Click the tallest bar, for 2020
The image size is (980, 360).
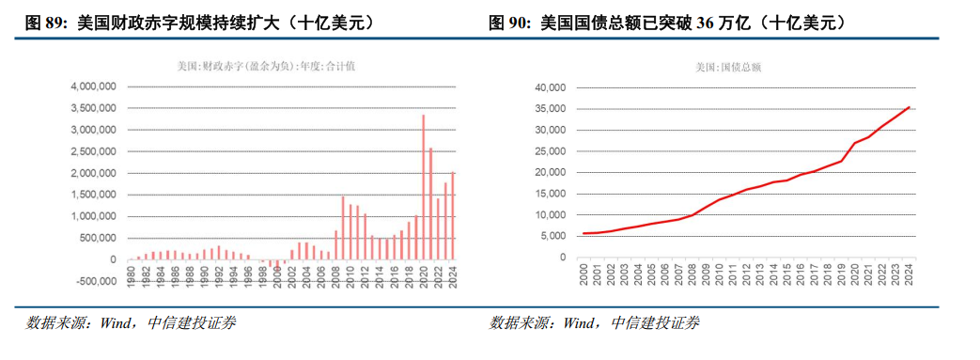coord(423,187)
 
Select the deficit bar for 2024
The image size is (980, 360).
coord(453,215)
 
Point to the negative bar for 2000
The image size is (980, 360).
coord(277,264)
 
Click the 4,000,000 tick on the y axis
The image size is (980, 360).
coord(94,86)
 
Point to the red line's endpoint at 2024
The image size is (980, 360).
coord(910,107)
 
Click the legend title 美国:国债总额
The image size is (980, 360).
coord(730,68)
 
